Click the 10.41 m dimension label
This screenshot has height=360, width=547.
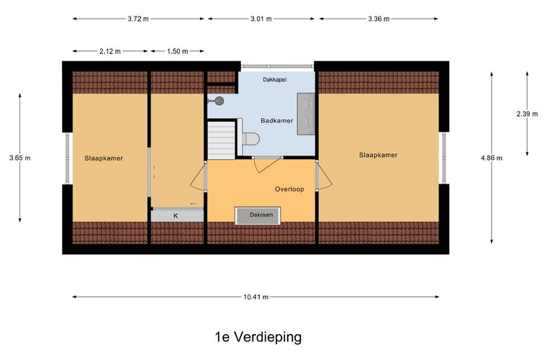[x=255, y=297]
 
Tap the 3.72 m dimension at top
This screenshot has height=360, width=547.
[x=139, y=19]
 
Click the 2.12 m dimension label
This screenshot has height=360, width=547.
[x=110, y=51]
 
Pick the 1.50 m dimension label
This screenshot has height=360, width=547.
[x=176, y=51]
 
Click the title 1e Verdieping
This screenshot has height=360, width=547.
[x=258, y=337]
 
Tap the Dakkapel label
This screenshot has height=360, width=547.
[x=274, y=79]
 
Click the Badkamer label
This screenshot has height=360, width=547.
[x=276, y=120]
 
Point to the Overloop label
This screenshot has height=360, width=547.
[x=289, y=189]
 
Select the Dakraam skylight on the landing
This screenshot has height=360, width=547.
[x=258, y=215]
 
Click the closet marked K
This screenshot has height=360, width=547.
[x=176, y=215]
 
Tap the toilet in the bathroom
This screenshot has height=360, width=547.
[x=250, y=139]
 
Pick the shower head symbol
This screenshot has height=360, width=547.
[x=219, y=101]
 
